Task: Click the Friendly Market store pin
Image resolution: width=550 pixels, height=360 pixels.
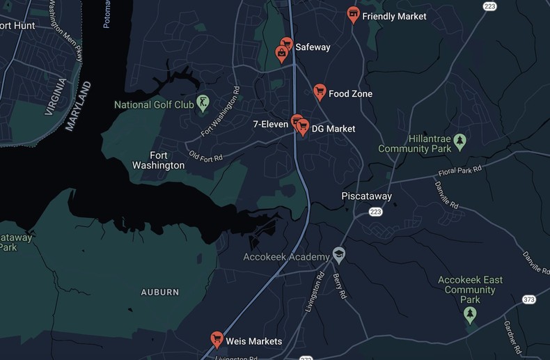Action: point(354,14)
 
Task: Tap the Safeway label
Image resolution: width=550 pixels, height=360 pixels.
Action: point(313,47)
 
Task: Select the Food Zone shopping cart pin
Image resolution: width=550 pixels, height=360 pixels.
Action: point(320,91)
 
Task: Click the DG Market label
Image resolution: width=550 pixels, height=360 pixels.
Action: point(333,129)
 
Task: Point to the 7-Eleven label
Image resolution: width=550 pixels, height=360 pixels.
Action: point(271,125)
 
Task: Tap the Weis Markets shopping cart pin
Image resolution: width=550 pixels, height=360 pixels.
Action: point(217,339)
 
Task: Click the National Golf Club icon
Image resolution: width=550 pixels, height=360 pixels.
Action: point(203,103)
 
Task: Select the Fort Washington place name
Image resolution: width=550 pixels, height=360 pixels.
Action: point(158,160)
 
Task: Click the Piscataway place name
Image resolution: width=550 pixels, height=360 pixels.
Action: point(366,196)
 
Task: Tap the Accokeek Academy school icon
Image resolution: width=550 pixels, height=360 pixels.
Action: point(338,254)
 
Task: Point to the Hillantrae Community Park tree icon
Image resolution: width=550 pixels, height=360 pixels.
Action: point(459,142)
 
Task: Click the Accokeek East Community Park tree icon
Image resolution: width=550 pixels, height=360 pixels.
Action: point(470,315)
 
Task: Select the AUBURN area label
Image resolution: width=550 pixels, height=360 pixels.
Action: point(159,292)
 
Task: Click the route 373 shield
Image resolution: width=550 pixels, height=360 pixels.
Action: point(528,299)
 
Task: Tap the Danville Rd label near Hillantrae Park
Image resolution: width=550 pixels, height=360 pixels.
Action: point(446,196)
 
